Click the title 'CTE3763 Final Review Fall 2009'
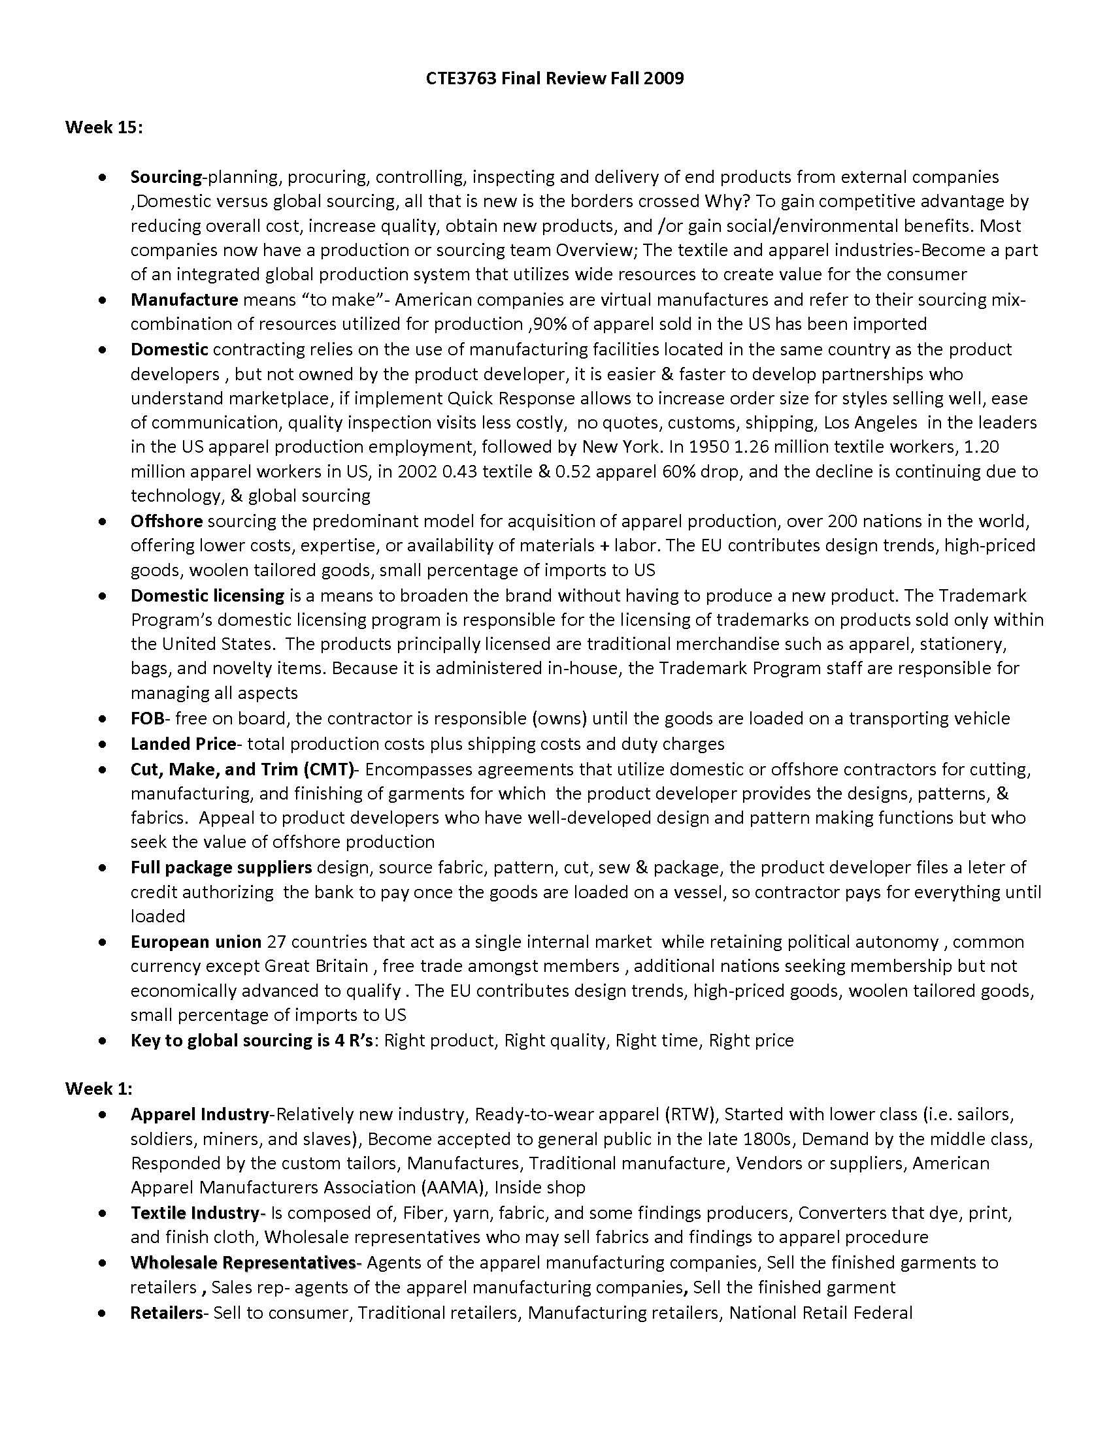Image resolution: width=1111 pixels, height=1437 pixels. tap(555, 78)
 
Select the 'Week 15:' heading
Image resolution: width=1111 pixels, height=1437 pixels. tap(104, 127)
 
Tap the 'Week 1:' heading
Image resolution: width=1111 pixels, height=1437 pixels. tap(99, 1088)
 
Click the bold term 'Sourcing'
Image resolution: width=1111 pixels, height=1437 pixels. tap(166, 176)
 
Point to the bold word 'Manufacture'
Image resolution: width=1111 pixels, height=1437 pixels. tap(184, 299)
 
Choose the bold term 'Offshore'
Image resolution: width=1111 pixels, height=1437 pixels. tap(167, 521)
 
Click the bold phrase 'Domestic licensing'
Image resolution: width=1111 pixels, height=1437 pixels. tap(207, 595)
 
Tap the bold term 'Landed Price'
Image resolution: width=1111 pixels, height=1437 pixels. tap(183, 743)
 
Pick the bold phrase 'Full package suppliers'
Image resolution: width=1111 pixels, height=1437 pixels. tap(221, 867)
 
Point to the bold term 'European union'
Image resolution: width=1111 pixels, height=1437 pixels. tap(196, 941)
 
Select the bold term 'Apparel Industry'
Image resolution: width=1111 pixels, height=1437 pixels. tap(200, 1114)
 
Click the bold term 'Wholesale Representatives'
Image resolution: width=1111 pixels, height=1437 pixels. tap(243, 1262)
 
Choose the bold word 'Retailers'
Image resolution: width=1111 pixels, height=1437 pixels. tap(167, 1313)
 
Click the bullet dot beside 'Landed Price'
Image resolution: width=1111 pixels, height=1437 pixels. tap(102, 744)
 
